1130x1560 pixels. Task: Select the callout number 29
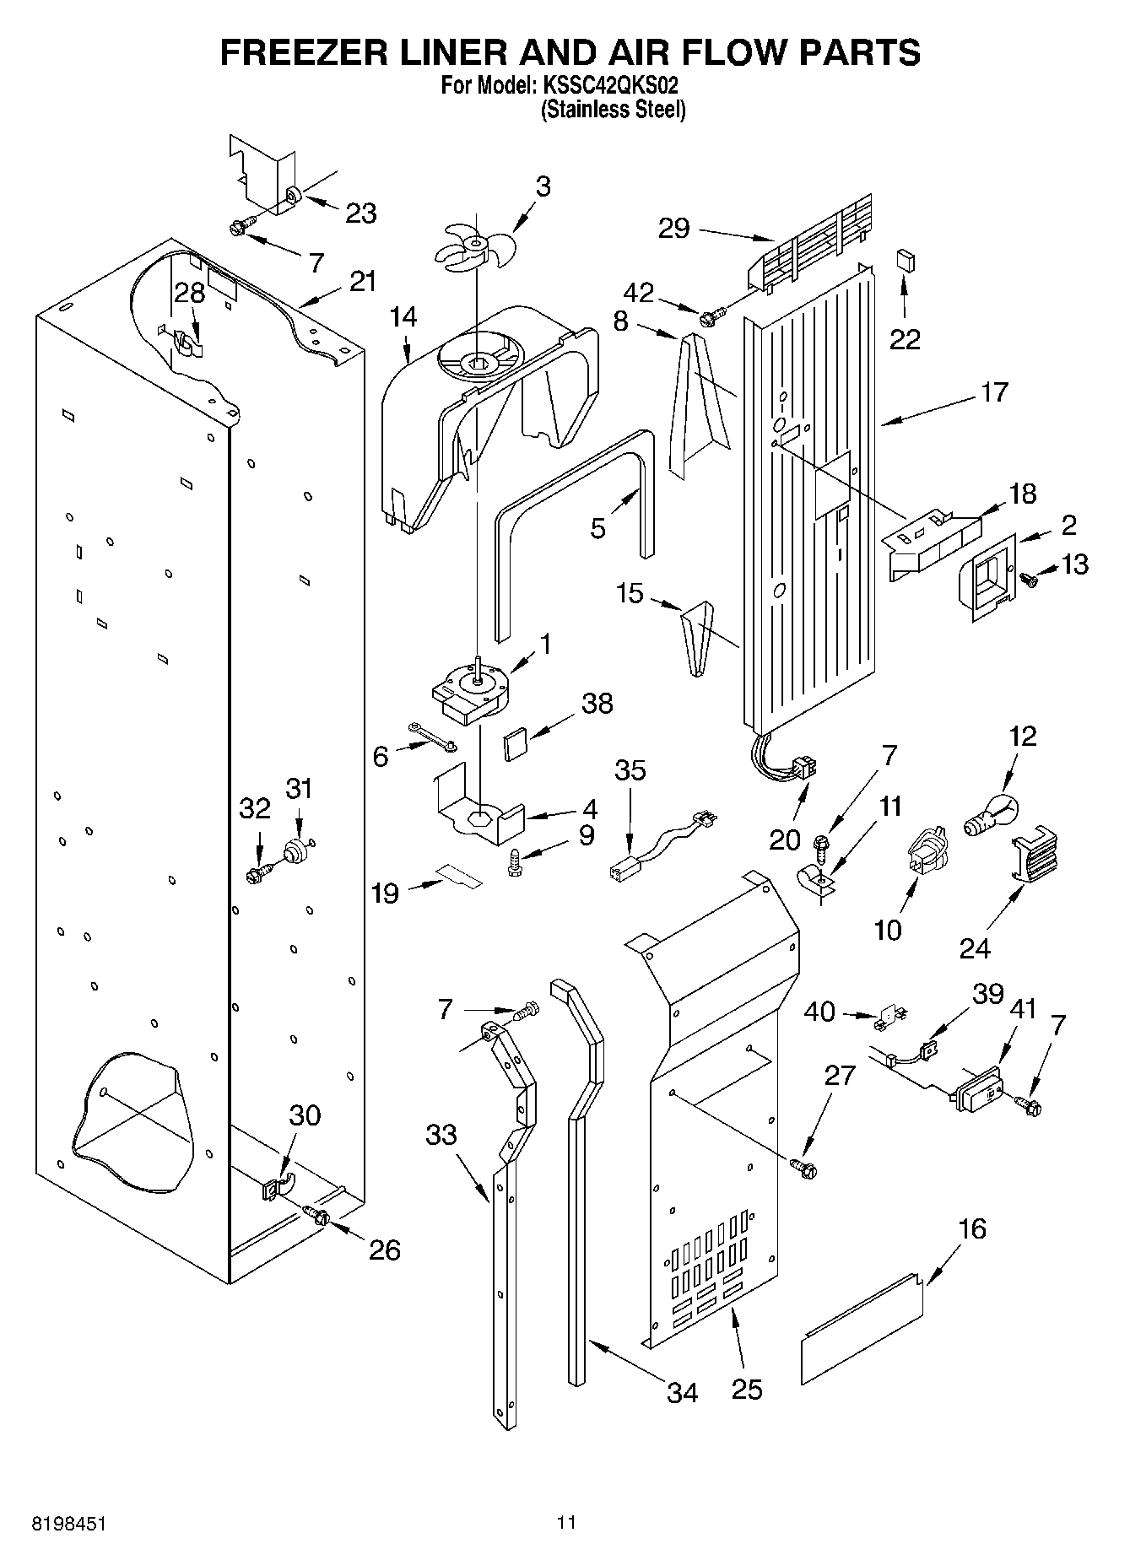click(x=673, y=228)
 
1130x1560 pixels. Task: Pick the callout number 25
click(x=746, y=1388)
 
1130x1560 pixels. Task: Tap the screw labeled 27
click(x=803, y=1168)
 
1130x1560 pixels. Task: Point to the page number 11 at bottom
click(x=565, y=1523)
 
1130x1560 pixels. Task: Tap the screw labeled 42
click(x=709, y=317)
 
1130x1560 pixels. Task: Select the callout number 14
click(x=403, y=317)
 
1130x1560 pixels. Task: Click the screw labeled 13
click(x=1029, y=579)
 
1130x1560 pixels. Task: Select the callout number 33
click(x=441, y=1136)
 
